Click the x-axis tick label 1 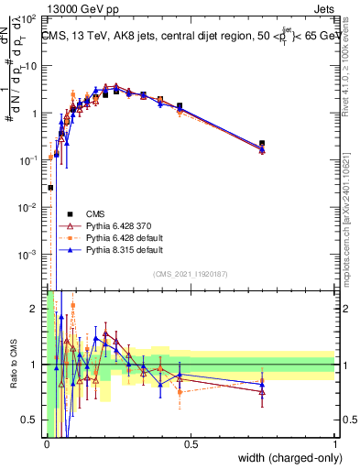[x=334, y=444]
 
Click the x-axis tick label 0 [x=46, y=444]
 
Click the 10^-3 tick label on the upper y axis [x=27, y=254]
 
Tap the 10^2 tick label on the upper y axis [x=29, y=18]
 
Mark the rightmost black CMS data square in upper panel [x=262, y=144]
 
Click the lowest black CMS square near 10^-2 [x=50, y=188]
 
